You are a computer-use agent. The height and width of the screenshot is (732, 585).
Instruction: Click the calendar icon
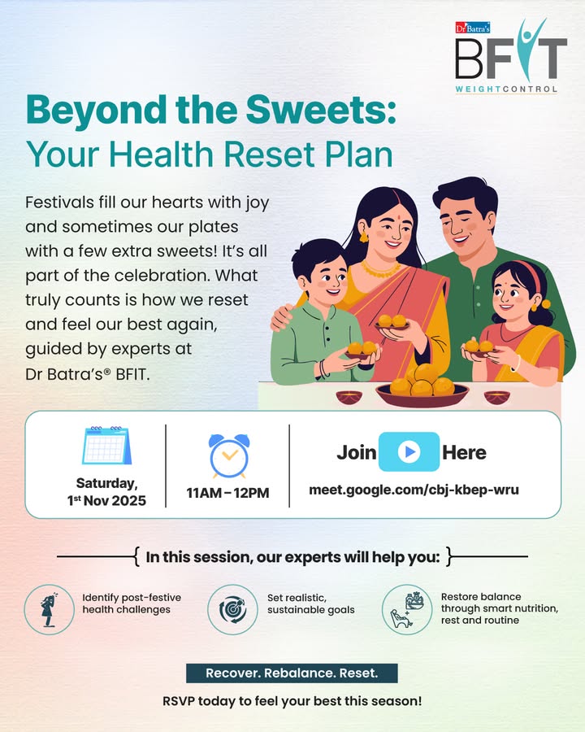(106, 447)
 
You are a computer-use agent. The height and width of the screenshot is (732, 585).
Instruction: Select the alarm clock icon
(228, 456)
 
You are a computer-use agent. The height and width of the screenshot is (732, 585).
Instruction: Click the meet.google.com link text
(414, 490)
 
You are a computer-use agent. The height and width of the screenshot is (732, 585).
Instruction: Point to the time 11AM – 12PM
(228, 493)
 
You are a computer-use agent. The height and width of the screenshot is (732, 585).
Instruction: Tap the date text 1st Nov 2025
(106, 500)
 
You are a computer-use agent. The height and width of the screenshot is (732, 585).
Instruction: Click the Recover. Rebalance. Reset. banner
(292, 673)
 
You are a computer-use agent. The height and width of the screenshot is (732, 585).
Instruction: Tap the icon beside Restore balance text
(407, 609)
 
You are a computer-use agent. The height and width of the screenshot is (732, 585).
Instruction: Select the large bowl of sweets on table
(422, 388)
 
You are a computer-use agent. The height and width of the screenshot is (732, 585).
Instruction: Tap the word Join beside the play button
(356, 452)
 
